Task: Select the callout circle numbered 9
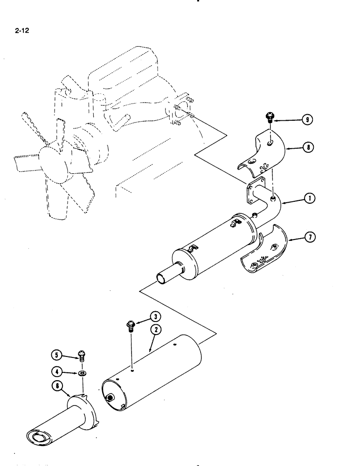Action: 307,120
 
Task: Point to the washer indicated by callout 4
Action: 83,373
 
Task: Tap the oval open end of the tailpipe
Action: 39,438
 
